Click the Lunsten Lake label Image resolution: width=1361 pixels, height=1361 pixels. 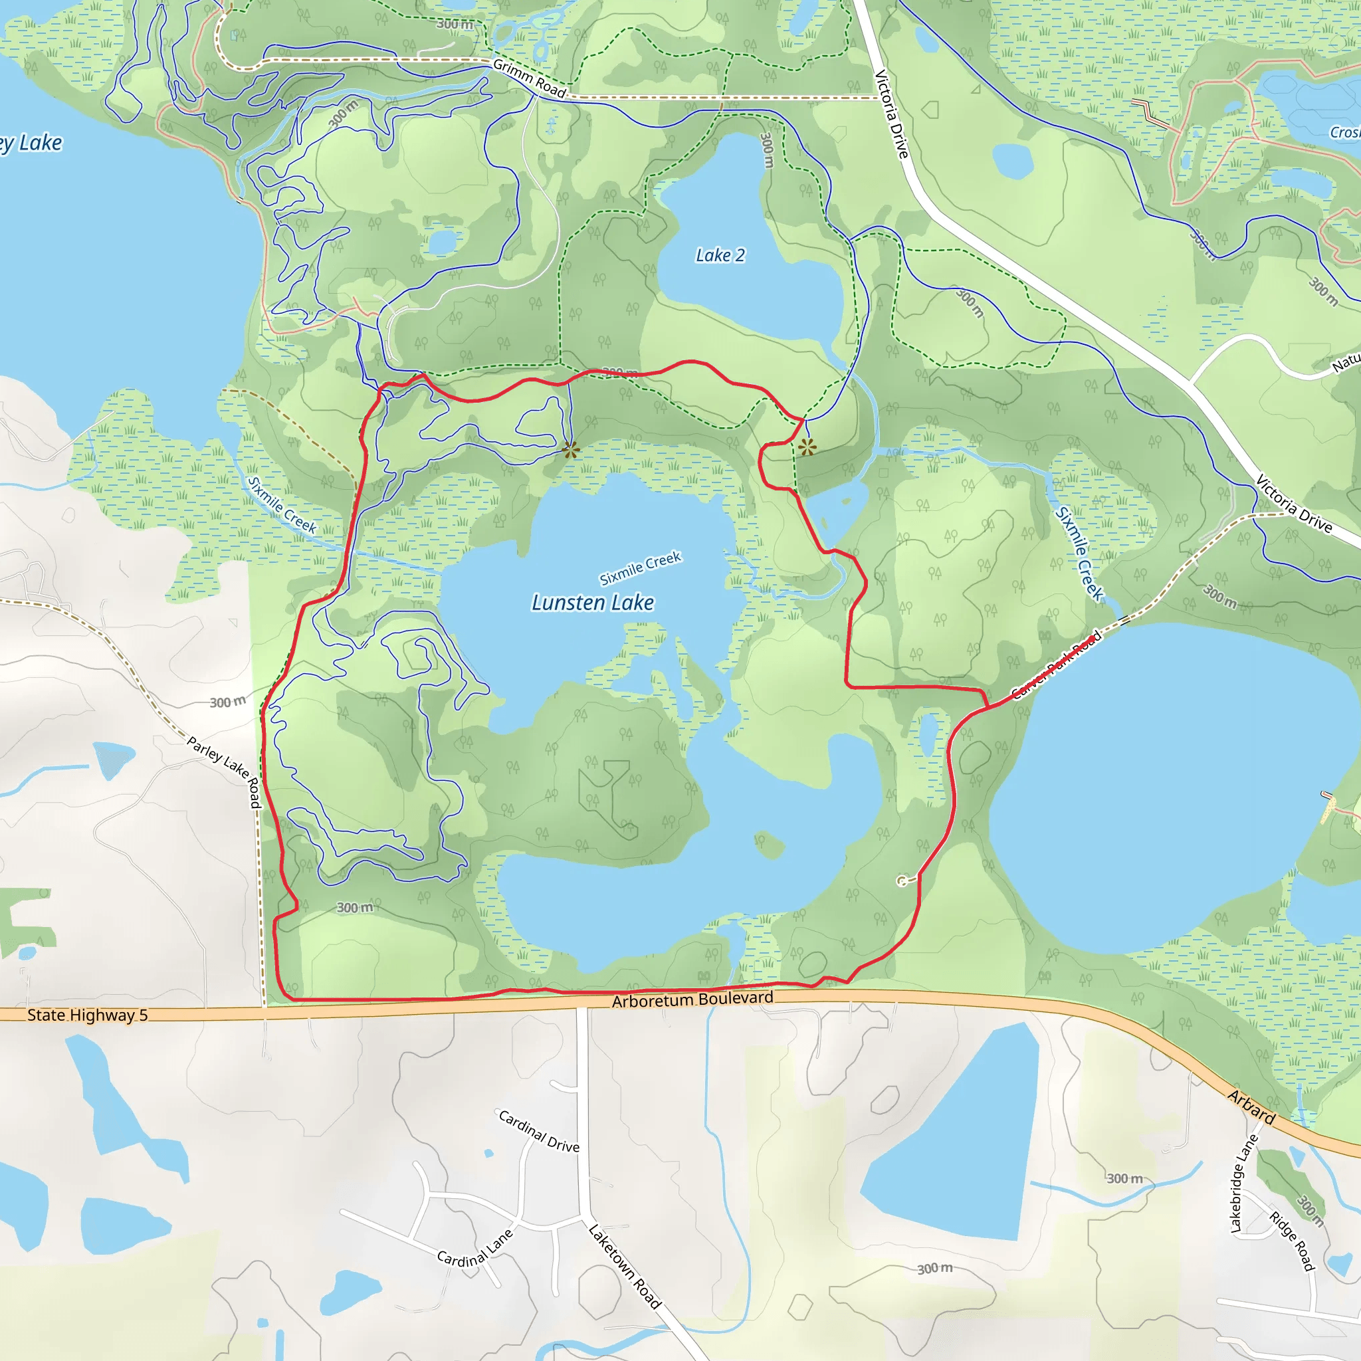[x=592, y=603]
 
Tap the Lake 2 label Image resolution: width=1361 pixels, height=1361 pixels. [x=720, y=256]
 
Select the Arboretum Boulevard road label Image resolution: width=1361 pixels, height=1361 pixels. [x=692, y=999]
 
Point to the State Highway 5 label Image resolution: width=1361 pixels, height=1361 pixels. [x=87, y=1015]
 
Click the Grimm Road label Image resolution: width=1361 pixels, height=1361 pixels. [x=530, y=78]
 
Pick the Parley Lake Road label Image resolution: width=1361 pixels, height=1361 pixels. [x=225, y=771]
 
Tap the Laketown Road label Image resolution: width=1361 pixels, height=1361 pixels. [x=625, y=1266]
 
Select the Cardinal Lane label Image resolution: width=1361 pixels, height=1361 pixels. [x=474, y=1249]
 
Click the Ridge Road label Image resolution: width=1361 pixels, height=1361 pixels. [x=1293, y=1241]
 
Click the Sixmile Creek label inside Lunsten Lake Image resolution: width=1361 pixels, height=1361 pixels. [x=641, y=568]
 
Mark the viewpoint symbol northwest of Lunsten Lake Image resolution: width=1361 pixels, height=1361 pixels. [x=571, y=449]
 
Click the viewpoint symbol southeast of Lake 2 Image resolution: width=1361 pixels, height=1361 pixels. [x=807, y=447]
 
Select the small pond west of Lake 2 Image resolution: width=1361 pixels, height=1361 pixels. [x=443, y=242]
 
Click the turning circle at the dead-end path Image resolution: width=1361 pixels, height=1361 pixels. [x=902, y=881]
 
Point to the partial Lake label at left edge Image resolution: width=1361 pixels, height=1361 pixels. [x=32, y=144]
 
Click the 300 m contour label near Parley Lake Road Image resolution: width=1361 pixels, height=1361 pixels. [x=227, y=702]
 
